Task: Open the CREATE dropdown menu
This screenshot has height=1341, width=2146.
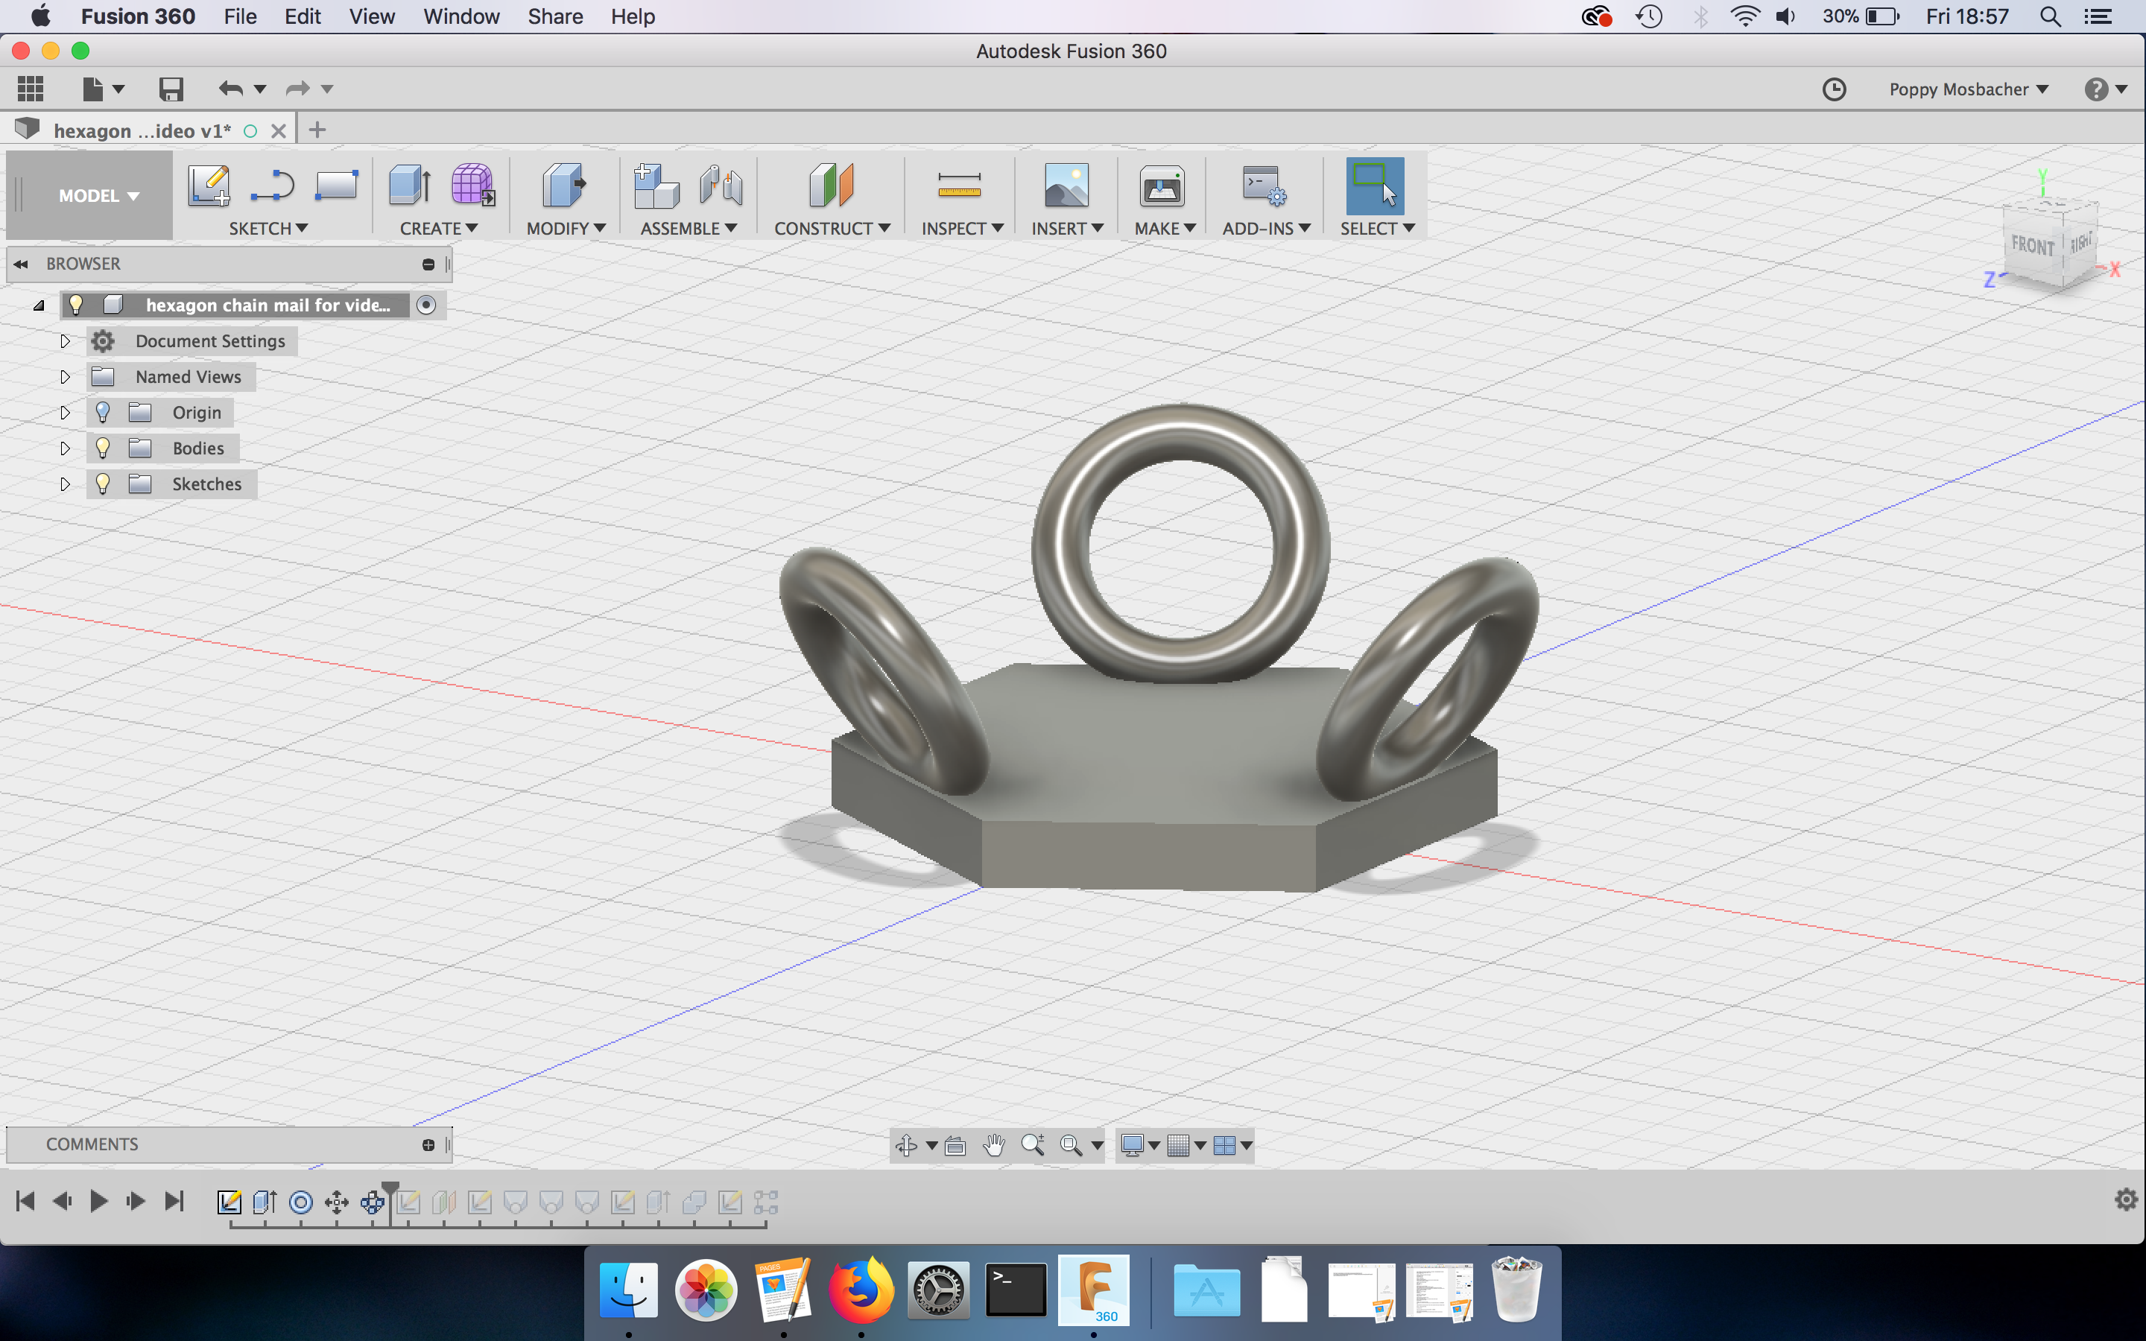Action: tap(438, 228)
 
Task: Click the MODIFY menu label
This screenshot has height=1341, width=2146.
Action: tap(565, 228)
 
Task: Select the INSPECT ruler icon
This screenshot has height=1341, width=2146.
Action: tap(958, 186)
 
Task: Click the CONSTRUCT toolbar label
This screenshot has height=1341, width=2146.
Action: tap(831, 228)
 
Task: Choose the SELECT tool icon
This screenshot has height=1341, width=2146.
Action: tap(1373, 186)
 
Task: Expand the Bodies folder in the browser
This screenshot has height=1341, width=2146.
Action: tap(65, 448)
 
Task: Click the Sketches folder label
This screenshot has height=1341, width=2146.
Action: tap(206, 484)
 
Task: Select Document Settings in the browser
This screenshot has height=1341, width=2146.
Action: tap(210, 341)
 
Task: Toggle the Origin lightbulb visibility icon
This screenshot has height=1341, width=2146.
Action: tap(103, 413)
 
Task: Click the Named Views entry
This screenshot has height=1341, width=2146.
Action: tap(188, 377)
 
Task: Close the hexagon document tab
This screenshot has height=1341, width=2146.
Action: tap(279, 130)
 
